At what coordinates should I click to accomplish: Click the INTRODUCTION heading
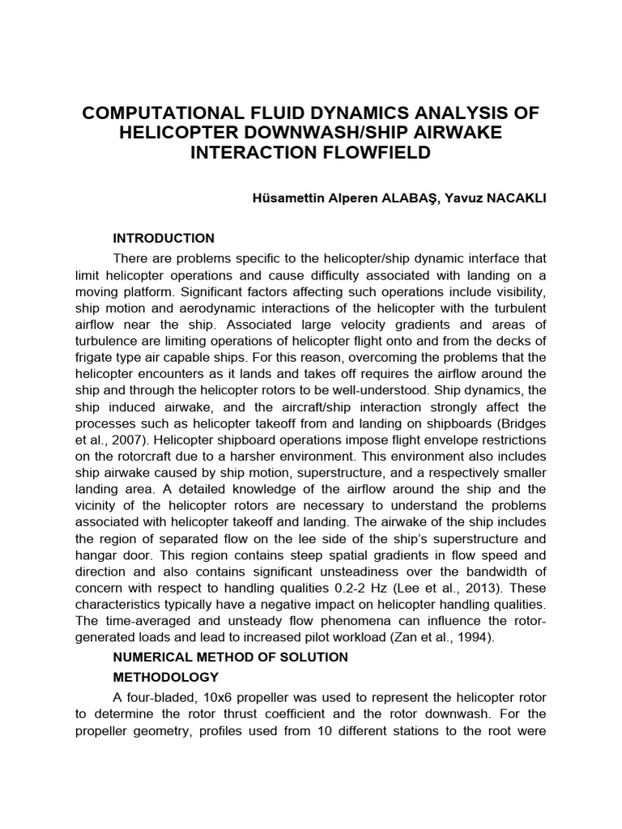pyautogui.click(x=164, y=238)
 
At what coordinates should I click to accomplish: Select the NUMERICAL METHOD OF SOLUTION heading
pyautogui.click(x=230, y=657)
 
